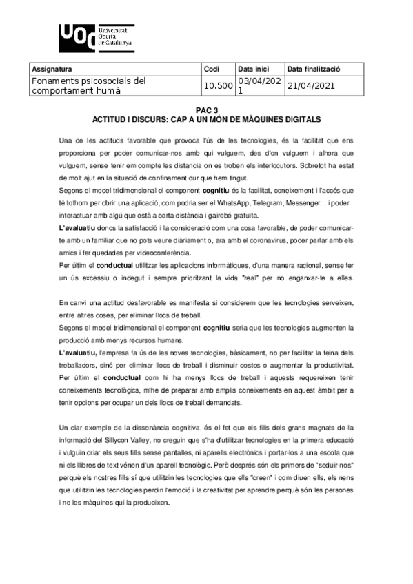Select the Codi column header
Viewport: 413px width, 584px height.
(x=212, y=70)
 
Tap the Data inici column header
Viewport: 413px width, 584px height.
(x=253, y=70)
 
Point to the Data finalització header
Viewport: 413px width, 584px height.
(x=314, y=70)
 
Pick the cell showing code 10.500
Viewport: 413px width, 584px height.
(x=218, y=86)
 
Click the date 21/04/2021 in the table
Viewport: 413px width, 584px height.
(x=311, y=86)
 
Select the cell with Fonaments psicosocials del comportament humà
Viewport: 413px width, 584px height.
(x=90, y=85)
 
